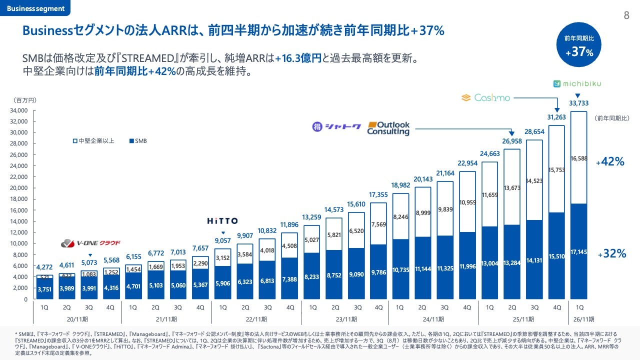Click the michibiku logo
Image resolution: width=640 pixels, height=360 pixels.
tap(578, 83)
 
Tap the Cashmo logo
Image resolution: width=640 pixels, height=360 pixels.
tap(485, 97)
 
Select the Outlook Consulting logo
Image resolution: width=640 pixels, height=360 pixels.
tap(388, 128)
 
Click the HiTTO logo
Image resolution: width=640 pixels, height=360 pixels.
tap(223, 220)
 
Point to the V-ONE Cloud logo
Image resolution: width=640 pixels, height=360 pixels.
tap(90, 243)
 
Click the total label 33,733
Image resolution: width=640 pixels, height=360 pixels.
tap(578, 103)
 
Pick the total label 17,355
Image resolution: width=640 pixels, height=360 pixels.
tap(378, 194)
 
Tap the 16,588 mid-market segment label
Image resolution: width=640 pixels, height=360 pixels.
tap(578, 159)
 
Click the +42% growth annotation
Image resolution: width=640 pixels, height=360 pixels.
tap(610, 161)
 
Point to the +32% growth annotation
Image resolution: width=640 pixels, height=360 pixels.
tap(611, 254)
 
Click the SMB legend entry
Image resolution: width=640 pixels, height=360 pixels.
tap(138, 141)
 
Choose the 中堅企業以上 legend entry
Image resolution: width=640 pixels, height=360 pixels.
tap(93, 141)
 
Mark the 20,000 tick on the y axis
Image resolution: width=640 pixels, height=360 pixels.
tap(20, 188)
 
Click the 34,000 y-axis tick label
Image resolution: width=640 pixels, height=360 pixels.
tap(20, 110)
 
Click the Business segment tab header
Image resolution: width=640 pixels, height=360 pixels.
tap(35, 8)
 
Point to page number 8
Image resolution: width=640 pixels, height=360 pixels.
tap(626, 15)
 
